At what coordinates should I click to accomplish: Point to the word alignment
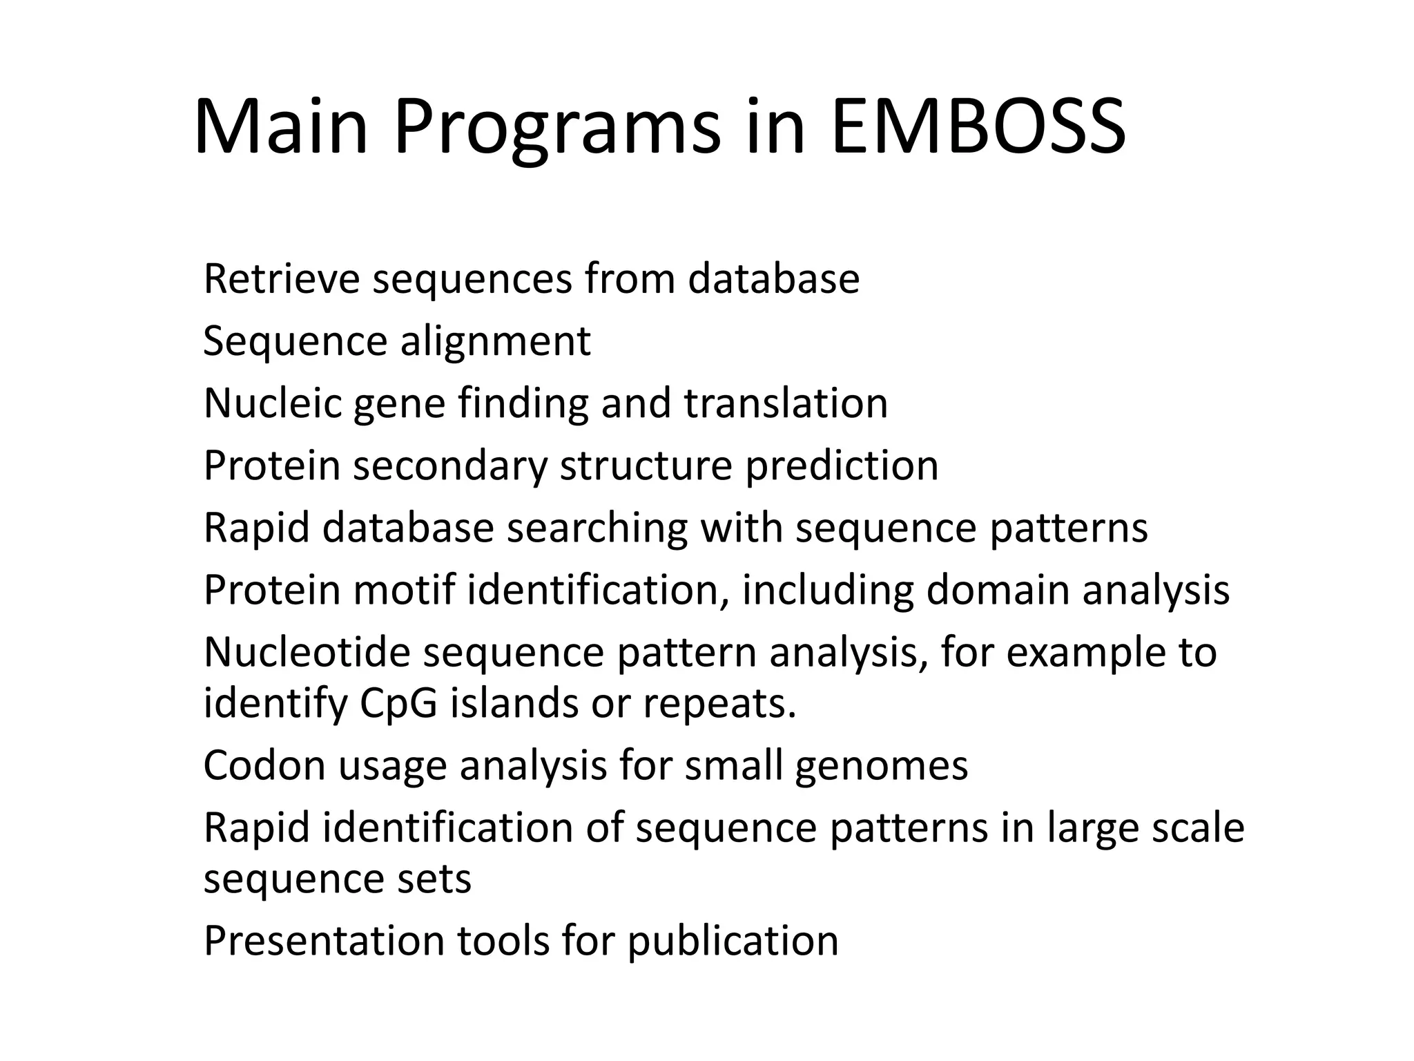coord(495,341)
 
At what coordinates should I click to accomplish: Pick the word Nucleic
coord(273,403)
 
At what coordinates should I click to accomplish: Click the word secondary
coord(450,466)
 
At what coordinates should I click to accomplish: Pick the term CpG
coord(398,704)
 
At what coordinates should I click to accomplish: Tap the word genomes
coord(882,766)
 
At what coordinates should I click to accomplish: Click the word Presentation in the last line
coord(324,941)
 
